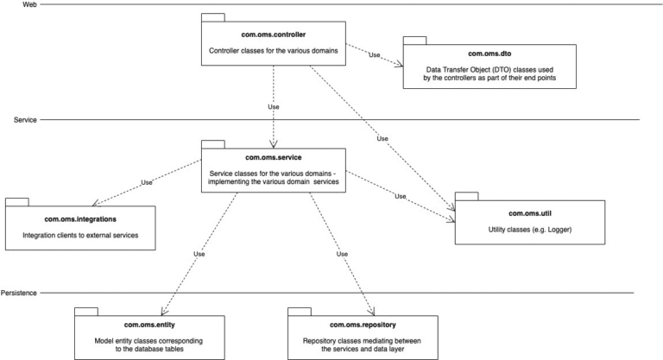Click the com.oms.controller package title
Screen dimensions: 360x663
click(274, 35)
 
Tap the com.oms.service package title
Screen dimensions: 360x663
click(274, 156)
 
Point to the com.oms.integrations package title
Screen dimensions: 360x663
click(79, 221)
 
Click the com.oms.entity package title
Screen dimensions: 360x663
click(148, 325)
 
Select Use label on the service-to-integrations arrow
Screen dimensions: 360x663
click(146, 182)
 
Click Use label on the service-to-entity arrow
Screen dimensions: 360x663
click(199, 254)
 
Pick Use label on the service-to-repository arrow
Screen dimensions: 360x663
click(342, 254)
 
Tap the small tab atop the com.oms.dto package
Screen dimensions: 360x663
click(415, 41)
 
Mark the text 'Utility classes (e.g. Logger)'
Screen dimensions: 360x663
click(530, 231)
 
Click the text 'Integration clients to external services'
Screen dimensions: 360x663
click(79, 235)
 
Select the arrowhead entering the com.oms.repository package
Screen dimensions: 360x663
click(371, 313)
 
